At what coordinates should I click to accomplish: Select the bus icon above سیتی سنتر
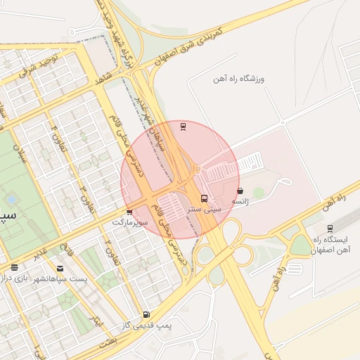tap(204, 198)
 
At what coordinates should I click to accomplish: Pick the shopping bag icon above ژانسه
tap(240, 191)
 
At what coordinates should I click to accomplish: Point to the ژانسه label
tap(241, 201)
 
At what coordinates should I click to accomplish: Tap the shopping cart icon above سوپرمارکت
tap(129, 212)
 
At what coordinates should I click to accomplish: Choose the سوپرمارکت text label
tap(132, 222)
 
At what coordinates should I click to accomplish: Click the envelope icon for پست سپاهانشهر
tap(60, 268)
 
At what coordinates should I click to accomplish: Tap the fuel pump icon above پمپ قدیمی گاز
tap(146, 314)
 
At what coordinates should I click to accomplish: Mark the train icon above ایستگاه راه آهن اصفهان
tap(329, 228)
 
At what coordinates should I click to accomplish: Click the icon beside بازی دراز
tap(15, 267)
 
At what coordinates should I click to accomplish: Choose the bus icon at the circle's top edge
tap(184, 127)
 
